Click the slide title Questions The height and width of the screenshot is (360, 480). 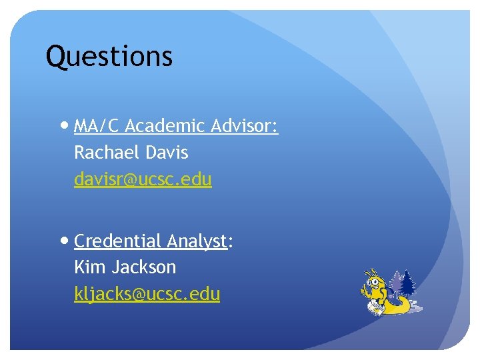[x=109, y=57]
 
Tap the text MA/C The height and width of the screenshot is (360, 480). [x=97, y=126]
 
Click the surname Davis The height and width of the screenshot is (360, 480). [x=166, y=153]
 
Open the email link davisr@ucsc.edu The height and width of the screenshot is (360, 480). [x=143, y=179]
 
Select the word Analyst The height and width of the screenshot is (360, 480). [x=197, y=241]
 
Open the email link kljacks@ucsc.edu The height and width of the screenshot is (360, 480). [x=147, y=294]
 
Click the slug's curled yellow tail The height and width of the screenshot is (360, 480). [x=403, y=306]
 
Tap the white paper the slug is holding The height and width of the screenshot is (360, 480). [x=375, y=306]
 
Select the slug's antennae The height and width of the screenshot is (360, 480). [x=371, y=271]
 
